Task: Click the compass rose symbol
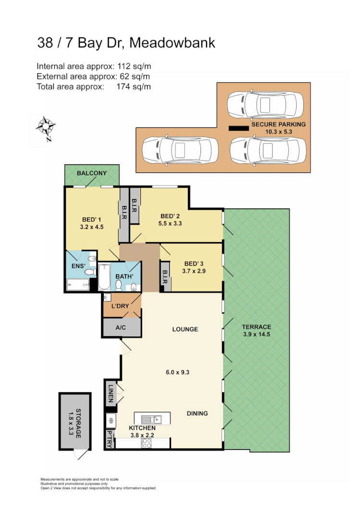(x=46, y=128)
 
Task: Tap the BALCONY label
(x=92, y=173)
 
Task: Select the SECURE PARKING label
(x=278, y=124)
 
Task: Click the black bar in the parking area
(x=238, y=129)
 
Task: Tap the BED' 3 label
(x=194, y=264)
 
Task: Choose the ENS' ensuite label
(x=78, y=266)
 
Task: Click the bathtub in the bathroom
(x=105, y=277)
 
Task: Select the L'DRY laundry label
(x=120, y=306)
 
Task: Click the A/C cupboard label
(x=121, y=327)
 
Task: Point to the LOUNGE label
(x=186, y=329)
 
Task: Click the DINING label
(x=198, y=413)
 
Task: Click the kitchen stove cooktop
(x=146, y=444)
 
